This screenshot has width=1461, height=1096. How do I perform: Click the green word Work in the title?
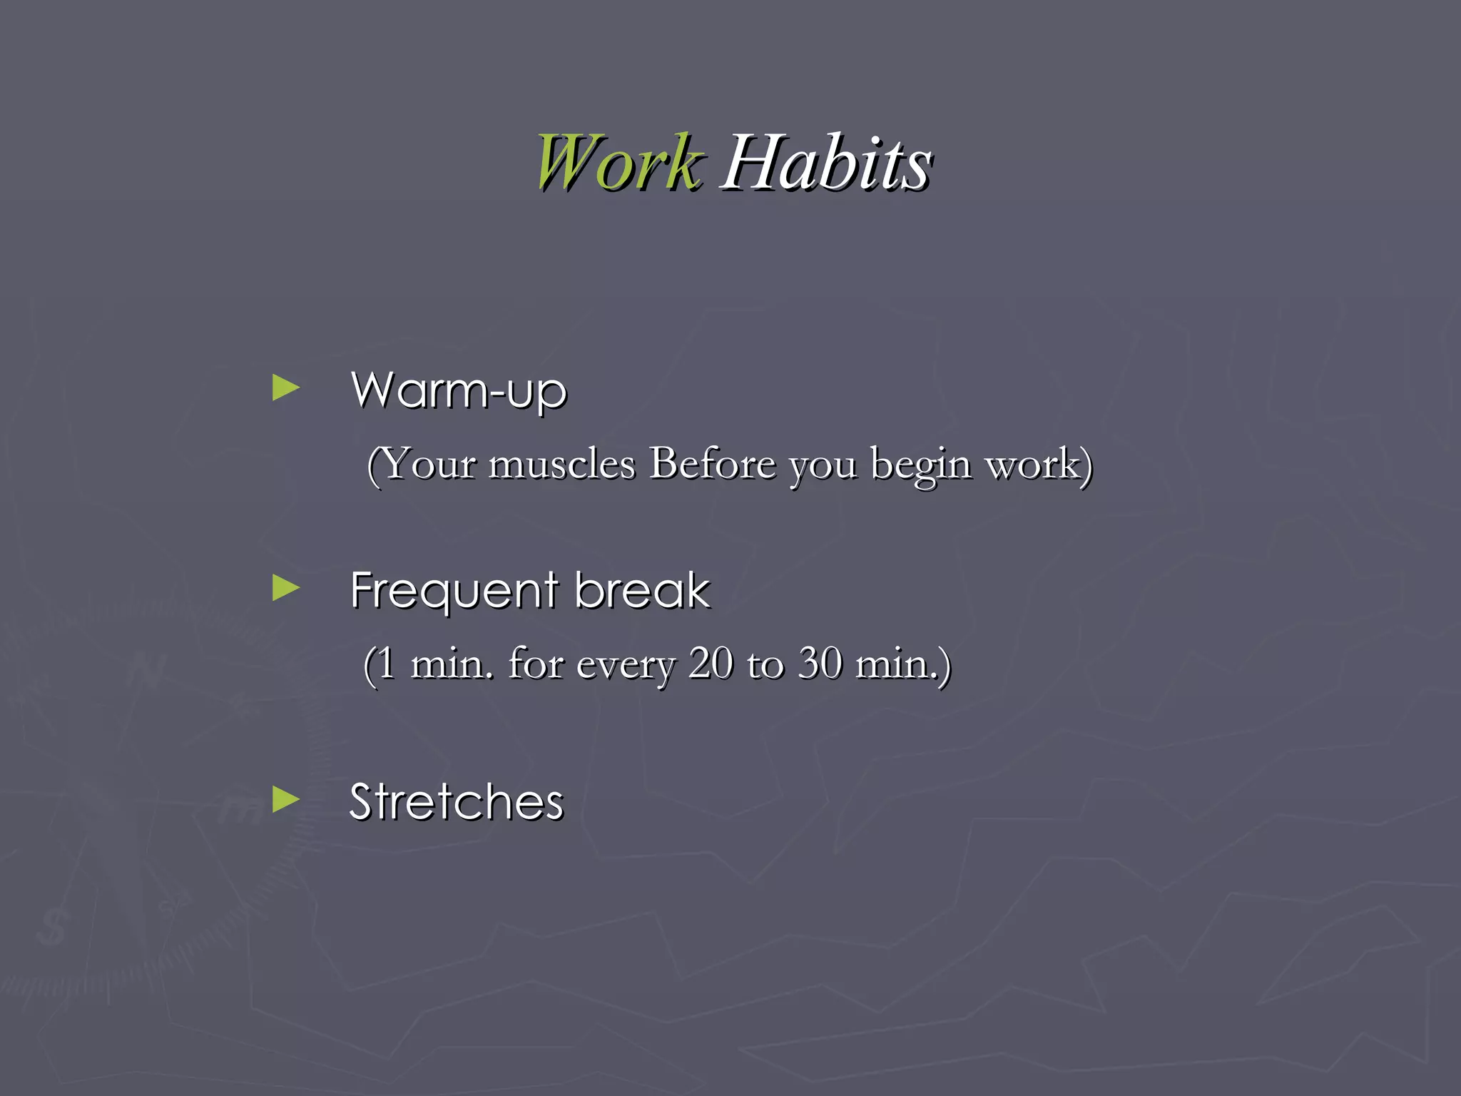click(618, 163)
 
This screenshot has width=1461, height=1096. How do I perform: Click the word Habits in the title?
click(827, 163)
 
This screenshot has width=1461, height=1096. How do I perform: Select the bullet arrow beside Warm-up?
click(286, 388)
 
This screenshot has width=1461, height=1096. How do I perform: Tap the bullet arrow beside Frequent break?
click(286, 589)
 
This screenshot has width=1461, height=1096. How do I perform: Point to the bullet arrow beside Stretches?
click(286, 800)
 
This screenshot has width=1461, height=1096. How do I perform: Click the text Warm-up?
click(459, 391)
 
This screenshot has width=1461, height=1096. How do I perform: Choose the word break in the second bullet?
click(642, 591)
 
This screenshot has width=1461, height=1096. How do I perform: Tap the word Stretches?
click(457, 802)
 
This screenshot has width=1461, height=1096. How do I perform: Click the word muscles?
click(561, 464)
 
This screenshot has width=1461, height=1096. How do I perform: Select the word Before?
click(711, 464)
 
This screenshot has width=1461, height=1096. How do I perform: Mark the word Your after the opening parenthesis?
click(429, 464)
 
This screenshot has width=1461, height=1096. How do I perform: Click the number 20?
click(711, 664)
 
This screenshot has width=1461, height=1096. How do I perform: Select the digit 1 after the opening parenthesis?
click(385, 664)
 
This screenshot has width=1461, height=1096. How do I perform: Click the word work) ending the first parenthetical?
click(1038, 464)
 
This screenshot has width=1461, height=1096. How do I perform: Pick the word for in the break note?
click(536, 664)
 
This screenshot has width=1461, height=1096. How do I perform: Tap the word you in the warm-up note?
click(822, 467)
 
